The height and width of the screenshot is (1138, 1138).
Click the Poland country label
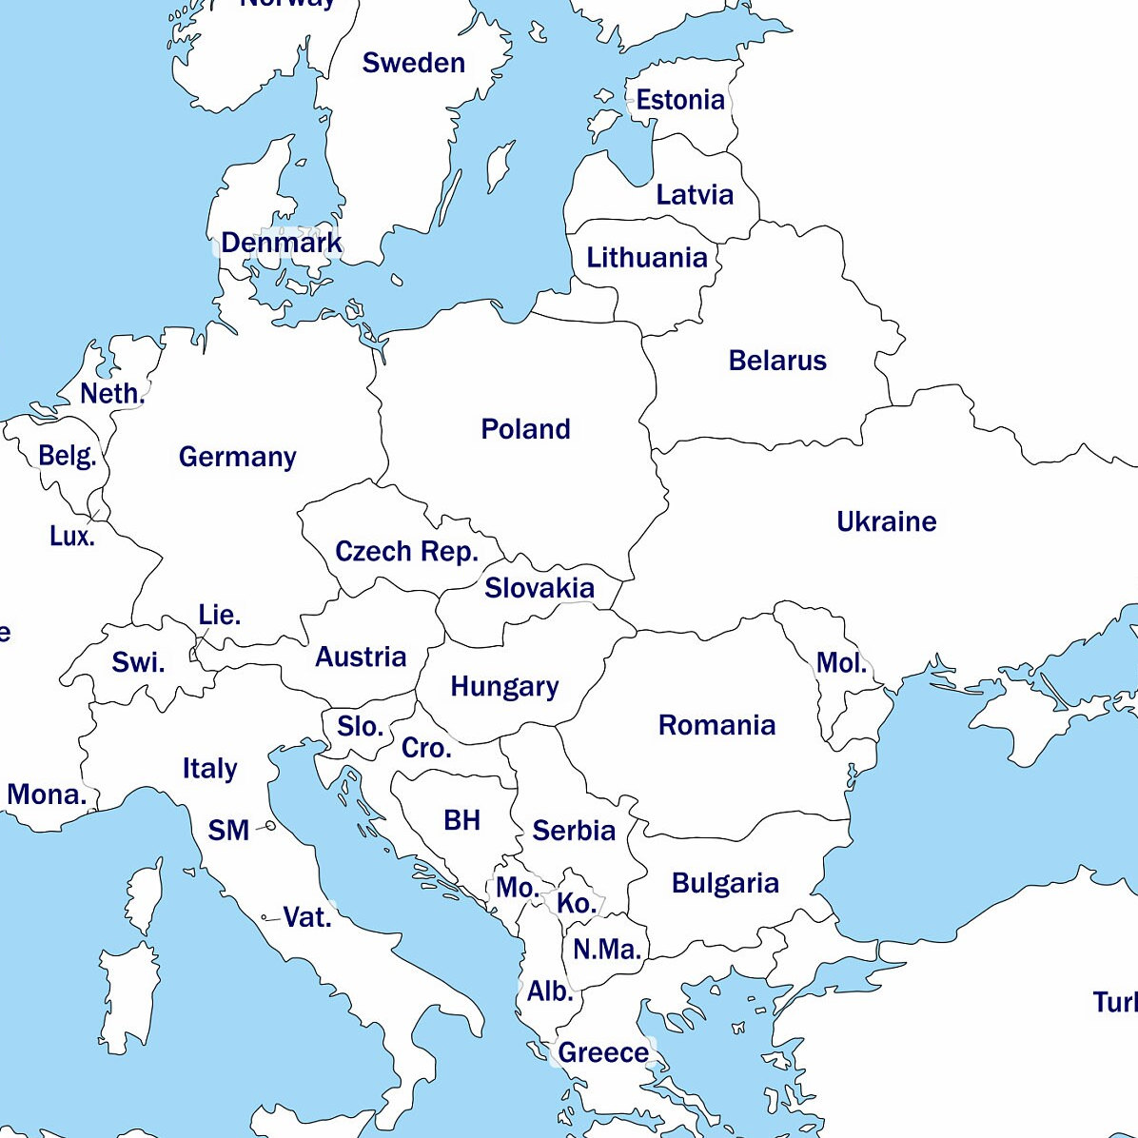pyautogui.click(x=525, y=429)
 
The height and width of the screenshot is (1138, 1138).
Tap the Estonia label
pyautogui.click(x=679, y=100)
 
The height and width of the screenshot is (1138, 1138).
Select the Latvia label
pyautogui.click(x=695, y=195)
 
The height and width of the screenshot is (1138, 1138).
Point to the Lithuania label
pyautogui.click(x=646, y=258)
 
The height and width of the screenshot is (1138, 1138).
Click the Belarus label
pyautogui.click(x=777, y=361)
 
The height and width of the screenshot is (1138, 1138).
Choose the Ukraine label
pyautogui.click(x=886, y=521)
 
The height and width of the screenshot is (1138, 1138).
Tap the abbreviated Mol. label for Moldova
pyautogui.click(x=841, y=663)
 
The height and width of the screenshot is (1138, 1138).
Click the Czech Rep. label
pyautogui.click(x=406, y=552)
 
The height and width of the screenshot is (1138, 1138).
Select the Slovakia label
pyautogui.click(x=539, y=588)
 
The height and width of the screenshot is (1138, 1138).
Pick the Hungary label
pyautogui.click(x=504, y=686)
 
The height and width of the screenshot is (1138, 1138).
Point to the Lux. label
pyautogui.click(x=72, y=537)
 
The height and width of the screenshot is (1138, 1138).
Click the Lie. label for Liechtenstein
pyautogui.click(x=219, y=616)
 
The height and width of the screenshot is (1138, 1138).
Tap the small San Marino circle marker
pyautogui.click(x=271, y=827)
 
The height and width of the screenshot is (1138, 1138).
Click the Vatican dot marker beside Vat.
pyautogui.click(x=265, y=917)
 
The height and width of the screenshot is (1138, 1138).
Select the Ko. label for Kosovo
pyautogui.click(x=577, y=903)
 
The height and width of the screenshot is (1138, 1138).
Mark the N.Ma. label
pyautogui.click(x=606, y=949)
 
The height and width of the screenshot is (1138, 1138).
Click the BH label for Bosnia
pyautogui.click(x=461, y=820)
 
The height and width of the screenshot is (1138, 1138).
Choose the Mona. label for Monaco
pyautogui.click(x=46, y=795)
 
